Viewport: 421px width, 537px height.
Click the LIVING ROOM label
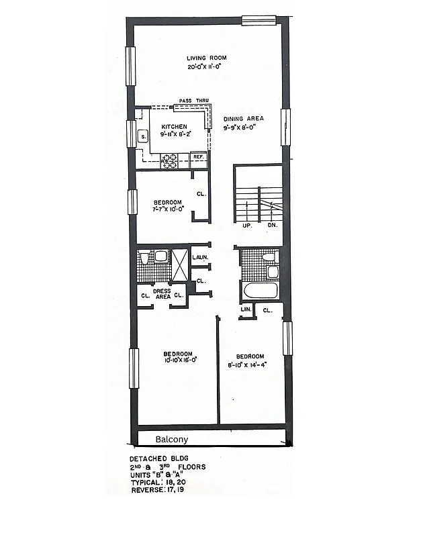point(206,58)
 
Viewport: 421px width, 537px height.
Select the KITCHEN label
point(173,127)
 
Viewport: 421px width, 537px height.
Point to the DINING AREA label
point(243,119)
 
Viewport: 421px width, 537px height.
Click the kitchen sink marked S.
point(142,137)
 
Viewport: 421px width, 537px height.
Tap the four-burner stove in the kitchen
point(169,160)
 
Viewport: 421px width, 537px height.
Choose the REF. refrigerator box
point(198,157)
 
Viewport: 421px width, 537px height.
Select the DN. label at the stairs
point(273,226)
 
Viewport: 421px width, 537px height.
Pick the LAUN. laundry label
point(199,258)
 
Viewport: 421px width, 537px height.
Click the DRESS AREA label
point(162,293)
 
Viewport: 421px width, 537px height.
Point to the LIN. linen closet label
point(246,309)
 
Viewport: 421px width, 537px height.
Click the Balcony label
point(172,440)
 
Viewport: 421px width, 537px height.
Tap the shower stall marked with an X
point(180,263)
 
